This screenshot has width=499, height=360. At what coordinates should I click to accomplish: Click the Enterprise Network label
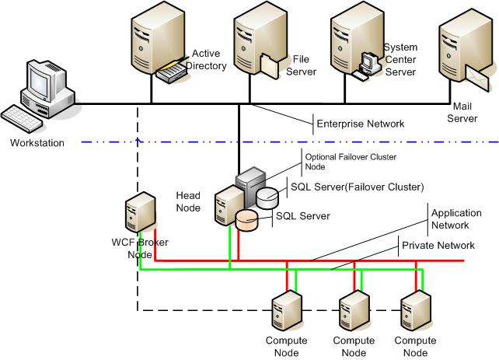(x=360, y=124)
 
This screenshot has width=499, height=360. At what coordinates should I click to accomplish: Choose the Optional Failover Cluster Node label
(x=349, y=162)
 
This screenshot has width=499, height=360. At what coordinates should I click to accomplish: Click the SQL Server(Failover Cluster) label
(x=357, y=187)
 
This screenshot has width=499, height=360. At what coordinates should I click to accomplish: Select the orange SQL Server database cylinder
(x=248, y=219)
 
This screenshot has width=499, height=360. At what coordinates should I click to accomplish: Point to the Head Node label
(x=189, y=202)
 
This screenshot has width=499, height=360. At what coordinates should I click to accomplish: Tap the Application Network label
(x=451, y=218)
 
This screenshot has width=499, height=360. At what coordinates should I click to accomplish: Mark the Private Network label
(x=438, y=245)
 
